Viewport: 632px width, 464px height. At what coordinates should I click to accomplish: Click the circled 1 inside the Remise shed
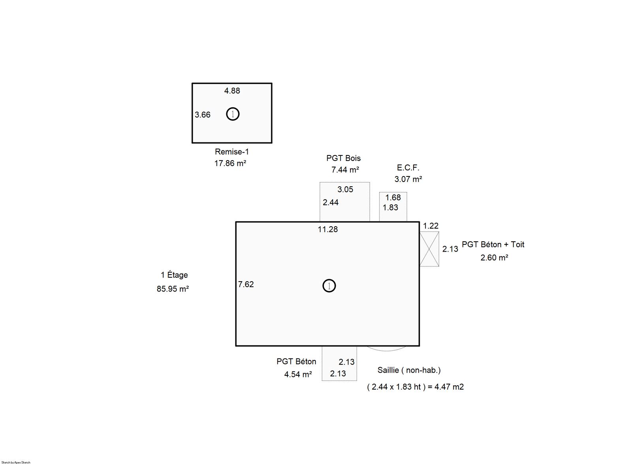pos(233,114)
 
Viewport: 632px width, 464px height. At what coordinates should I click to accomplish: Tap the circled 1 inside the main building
pos(329,286)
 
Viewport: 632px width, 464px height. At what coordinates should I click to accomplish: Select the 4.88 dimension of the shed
pos(232,91)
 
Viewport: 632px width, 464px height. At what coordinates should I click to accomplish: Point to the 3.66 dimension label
pos(203,115)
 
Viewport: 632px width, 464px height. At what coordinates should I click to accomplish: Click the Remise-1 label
pos(232,152)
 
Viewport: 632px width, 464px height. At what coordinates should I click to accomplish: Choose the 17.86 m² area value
pos(230,163)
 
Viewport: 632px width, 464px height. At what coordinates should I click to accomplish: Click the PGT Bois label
pos(343,158)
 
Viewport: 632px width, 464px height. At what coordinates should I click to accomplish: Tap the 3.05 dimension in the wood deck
pos(345,189)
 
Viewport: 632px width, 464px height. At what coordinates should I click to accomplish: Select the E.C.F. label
pos(408,168)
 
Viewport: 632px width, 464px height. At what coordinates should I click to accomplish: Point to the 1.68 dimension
pos(393,197)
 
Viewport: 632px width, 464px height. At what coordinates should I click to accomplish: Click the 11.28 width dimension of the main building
pos(328,229)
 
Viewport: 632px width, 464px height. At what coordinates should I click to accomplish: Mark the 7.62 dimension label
pos(246,284)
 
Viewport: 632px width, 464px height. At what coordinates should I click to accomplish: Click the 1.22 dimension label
pos(431,226)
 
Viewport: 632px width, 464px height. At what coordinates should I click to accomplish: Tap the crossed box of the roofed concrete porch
pos(429,249)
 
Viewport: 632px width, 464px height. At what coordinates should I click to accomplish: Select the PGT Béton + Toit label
pos(493,244)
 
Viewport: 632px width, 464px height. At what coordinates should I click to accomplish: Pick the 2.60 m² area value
pos(494,258)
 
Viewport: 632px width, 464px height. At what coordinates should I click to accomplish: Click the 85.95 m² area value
pos(173,289)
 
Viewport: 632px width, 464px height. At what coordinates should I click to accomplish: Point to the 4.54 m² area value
pos(298,375)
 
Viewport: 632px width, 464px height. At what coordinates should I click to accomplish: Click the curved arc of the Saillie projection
pos(387,351)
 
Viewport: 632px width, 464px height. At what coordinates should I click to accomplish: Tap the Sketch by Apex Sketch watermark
pos(16,462)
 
